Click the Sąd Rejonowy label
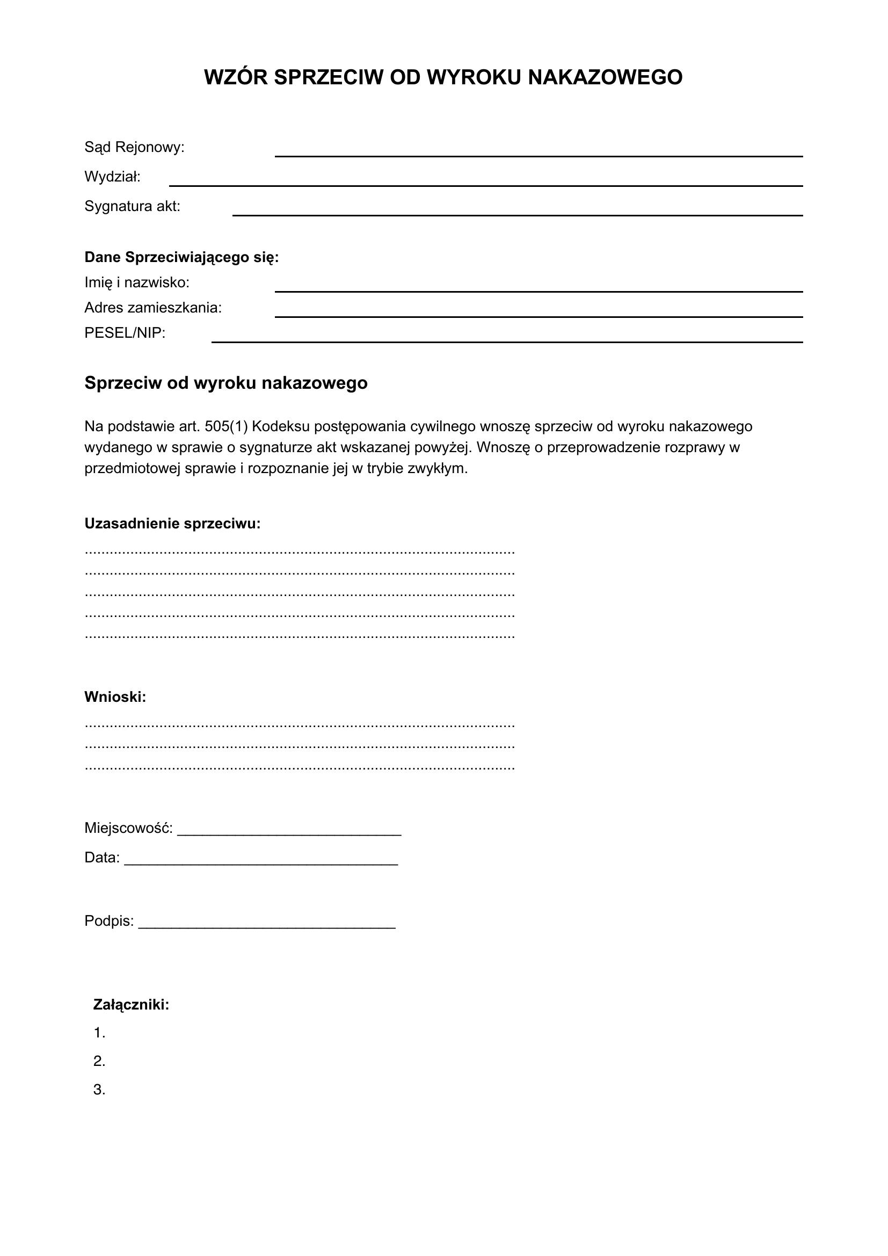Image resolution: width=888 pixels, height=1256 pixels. coord(135,147)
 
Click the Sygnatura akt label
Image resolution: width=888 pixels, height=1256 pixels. coord(132,206)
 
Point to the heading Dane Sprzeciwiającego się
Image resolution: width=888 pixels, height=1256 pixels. coord(181,257)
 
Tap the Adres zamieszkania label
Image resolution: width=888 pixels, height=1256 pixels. coord(153,308)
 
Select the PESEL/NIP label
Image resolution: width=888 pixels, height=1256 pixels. coord(125,332)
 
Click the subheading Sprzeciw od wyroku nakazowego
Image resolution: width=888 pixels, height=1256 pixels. coord(226,383)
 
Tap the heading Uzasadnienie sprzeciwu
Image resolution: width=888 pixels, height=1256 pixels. coord(172,524)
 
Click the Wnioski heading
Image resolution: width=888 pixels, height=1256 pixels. coord(115,697)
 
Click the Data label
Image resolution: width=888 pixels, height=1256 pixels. coord(101,858)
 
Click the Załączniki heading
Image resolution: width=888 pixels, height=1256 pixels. coord(131,1004)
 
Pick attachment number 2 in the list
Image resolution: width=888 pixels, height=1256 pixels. coord(99,1061)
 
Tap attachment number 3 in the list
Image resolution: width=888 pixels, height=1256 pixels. coord(99,1090)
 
